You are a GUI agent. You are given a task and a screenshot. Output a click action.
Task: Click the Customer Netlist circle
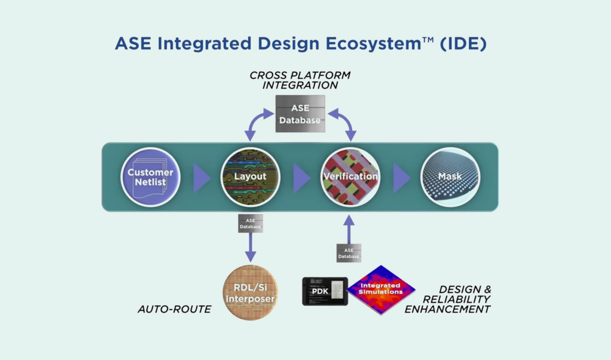pyautogui.click(x=150, y=177)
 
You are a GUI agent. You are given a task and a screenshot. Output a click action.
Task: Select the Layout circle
pyautogui.click(x=250, y=177)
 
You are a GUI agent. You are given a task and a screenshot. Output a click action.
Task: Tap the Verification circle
pyautogui.click(x=350, y=177)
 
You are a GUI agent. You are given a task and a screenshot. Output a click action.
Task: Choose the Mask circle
pyautogui.click(x=450, y=177)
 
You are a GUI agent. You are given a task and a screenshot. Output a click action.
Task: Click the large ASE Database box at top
pyautogui.click(x=300, y=113)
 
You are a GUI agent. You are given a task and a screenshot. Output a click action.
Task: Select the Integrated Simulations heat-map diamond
pyautogui.click(x=381, y=289)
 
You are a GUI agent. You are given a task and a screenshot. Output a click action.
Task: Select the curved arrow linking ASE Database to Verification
pyautogui.click(x=344, y=122)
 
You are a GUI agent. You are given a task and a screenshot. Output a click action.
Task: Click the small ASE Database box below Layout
pyautogui.click(x=251, y=223)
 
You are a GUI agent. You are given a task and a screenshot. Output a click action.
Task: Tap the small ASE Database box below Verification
pyautogui.click(x=349, y=253)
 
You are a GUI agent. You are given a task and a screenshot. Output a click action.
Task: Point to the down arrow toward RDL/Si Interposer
pyautogui.click(x=251, y=248)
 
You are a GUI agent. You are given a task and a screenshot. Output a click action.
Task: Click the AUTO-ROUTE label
pyautogui.click(x=174, y=309)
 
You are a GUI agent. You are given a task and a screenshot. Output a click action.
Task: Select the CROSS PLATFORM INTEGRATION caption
pyautogui.click(x=300, y=80)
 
